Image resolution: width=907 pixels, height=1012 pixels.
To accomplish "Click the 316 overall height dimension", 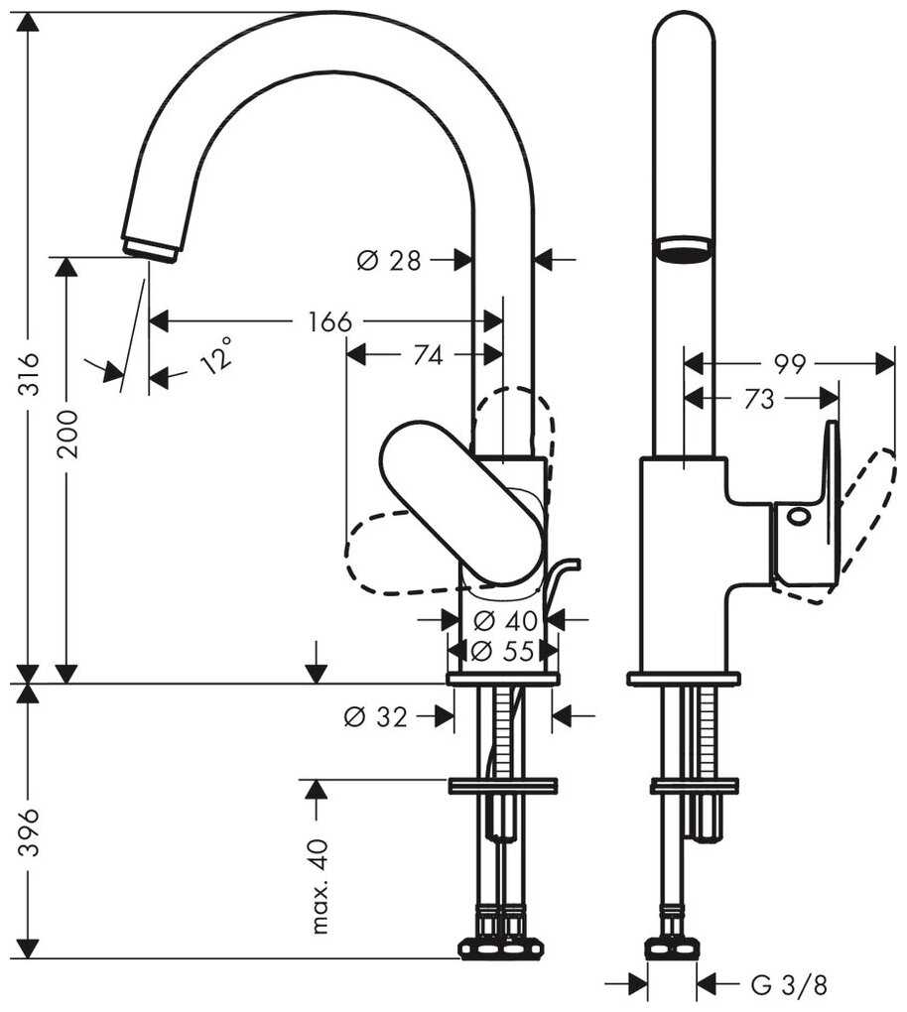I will [x=30, y=374].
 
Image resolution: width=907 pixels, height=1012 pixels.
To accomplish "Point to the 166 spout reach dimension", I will [x=329, y=321].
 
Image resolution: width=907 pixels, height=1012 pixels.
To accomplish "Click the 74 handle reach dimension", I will [x=427, y=356].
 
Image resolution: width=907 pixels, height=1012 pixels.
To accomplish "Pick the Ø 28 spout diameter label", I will [x=389, y=261].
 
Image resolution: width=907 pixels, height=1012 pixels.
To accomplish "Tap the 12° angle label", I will [x=217, y=354].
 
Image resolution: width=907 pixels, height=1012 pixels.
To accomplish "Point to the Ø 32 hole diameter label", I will [x=376, y=716].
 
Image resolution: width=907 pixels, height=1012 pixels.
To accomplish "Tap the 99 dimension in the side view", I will [x=789, y=364].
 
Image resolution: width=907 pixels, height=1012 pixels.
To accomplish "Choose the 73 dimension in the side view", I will [x=759, y=399].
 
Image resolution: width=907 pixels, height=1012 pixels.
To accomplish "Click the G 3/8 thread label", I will [x=789, y=985].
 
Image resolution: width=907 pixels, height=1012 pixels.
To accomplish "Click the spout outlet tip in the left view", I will [x=150, y=248].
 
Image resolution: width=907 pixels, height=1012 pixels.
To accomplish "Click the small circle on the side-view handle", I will [x=798, y=516].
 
